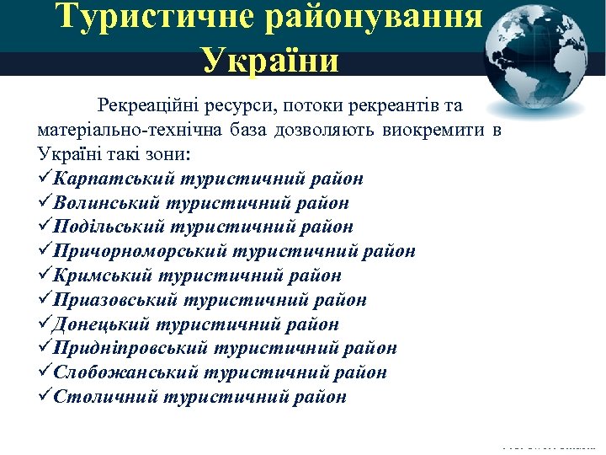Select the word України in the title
pyautogui.click(x=269, y=62)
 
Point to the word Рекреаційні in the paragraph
pyautogui.click(x=146, y=106)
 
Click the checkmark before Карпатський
pyautogui.click(x=45, y=179)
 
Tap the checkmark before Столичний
pyautogui.click(x=45, y=397)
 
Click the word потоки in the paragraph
pyautogui.click(x=307, y=106)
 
